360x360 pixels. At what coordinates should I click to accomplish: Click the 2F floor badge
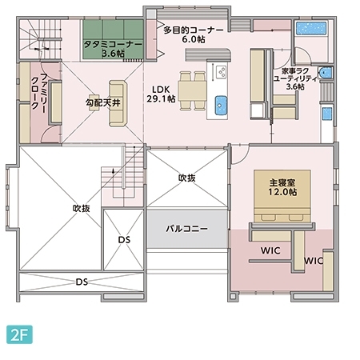click(20, 334)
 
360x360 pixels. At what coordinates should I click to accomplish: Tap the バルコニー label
click(186, 229)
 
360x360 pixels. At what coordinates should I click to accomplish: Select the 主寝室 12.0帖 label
click(277, 186)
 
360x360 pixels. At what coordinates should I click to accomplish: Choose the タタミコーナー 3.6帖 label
click(112, 47)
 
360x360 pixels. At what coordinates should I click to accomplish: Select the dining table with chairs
click(191, 88)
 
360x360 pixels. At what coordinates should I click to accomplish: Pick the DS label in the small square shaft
click(124, 240)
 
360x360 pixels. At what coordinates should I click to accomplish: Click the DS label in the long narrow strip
click(81, 282)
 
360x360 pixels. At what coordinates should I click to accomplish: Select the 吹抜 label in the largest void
click(81, 208)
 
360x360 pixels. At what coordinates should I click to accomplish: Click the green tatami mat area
click(112, 38)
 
